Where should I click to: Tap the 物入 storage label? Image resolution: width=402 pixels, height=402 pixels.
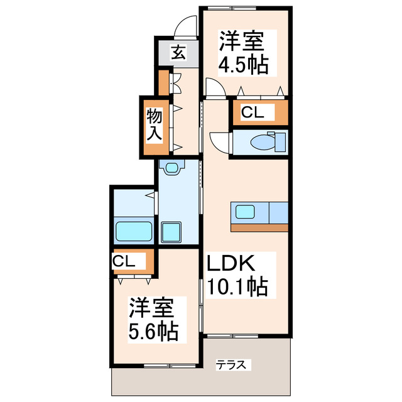155,125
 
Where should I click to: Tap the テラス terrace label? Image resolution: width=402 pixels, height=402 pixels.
234,364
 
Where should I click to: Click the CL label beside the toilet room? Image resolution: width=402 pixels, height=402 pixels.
254,112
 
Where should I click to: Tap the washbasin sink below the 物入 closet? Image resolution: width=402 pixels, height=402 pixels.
171,167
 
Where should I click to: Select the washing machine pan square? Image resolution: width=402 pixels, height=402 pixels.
171,232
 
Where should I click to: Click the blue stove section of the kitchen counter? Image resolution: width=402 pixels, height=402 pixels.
277,212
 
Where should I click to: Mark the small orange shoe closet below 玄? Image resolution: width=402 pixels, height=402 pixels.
163,82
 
